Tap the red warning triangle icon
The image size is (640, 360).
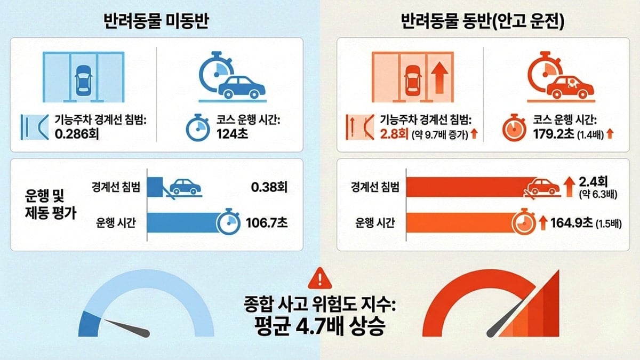(x=319, y=277)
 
